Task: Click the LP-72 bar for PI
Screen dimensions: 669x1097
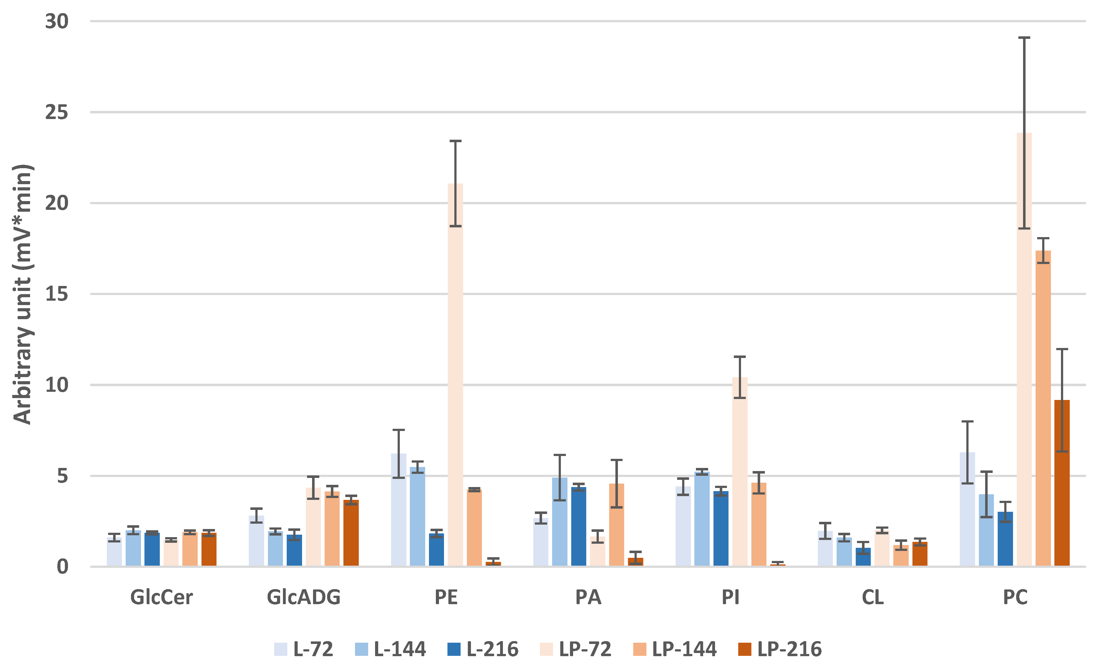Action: click(x=739, y=471)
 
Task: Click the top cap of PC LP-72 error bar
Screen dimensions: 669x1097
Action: click(x=1024, y=38)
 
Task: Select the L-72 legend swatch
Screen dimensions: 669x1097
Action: click(x=280, y=649)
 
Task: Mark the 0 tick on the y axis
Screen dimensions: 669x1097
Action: click(x=62, y=567)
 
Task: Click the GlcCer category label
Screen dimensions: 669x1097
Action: click(x=162, y=597)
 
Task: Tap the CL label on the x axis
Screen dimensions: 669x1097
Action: click(x=873, y=597)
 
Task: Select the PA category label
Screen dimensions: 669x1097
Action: click(x=588, y=597)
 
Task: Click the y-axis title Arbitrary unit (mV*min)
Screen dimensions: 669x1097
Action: click(x=22, y=294)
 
